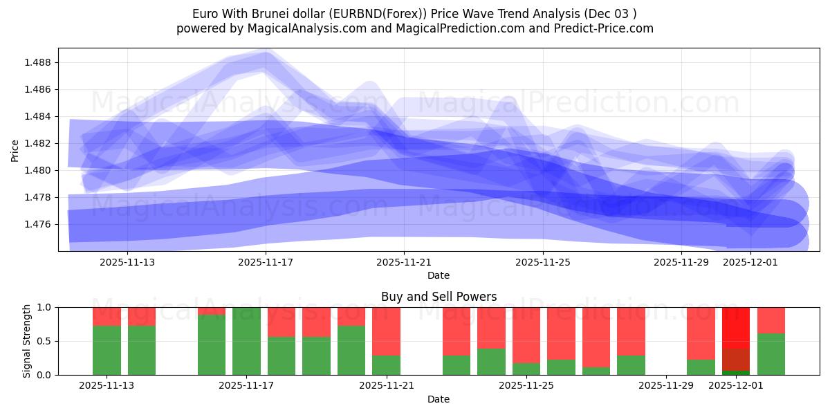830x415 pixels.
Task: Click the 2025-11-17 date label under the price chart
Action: [266, 262]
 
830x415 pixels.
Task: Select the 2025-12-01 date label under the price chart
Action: [750, 262]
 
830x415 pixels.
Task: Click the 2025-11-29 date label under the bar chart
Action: [665, 386]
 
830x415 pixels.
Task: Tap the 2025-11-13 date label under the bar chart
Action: [107, 386]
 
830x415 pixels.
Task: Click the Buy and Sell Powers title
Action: [439, 297]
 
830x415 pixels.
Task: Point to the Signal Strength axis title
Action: [27, 341]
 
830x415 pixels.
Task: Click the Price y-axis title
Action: [15, 149]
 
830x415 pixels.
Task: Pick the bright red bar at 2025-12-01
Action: [736, 325]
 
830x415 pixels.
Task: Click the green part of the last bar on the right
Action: [771, 354]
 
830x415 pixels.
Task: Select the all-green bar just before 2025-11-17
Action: [246, 341]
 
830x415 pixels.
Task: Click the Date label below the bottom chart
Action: [439, 399]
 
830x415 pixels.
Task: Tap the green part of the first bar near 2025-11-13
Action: [107, 350]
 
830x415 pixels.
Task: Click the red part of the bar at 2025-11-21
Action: [386, 331]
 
